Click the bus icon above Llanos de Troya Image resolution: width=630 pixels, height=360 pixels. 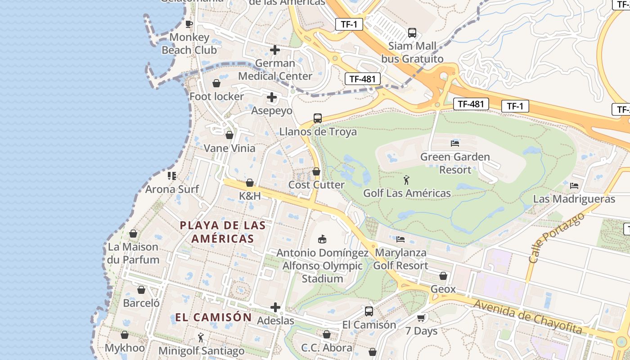tap(318, 118)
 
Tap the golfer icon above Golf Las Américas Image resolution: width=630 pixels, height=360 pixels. tap(407, 180)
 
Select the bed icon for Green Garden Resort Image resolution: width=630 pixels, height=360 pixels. tap(455, 144)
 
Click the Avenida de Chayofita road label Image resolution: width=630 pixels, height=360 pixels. tap(528, 317)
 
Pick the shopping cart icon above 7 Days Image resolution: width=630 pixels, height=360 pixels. tap(421, 318)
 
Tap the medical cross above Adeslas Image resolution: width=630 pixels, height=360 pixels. tap(275, 308)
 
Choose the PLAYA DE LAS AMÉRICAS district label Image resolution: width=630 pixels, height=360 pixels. tap(223, 232)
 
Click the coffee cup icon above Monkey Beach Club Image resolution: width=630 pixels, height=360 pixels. tap(189, 24)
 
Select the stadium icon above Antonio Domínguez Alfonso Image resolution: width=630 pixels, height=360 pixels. tap(322, 239)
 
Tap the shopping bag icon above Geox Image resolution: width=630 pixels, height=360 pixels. tap(443, 276)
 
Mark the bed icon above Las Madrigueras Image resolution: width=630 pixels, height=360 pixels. tap(574, 185)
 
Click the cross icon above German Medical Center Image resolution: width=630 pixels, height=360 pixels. tap(275, 50)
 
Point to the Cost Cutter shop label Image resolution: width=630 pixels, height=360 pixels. tap(316, 184)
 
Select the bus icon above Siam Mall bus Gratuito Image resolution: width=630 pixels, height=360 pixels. tap(412, 33)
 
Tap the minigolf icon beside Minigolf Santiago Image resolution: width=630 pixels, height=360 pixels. tap(201, 337)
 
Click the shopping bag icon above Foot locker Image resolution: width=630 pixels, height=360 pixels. tap(216, 83)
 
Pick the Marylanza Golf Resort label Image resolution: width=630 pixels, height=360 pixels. tap(400, 259)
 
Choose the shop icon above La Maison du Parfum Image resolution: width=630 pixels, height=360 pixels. tap(133, 234)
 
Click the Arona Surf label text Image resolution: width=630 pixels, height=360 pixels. tap(172, 189)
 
